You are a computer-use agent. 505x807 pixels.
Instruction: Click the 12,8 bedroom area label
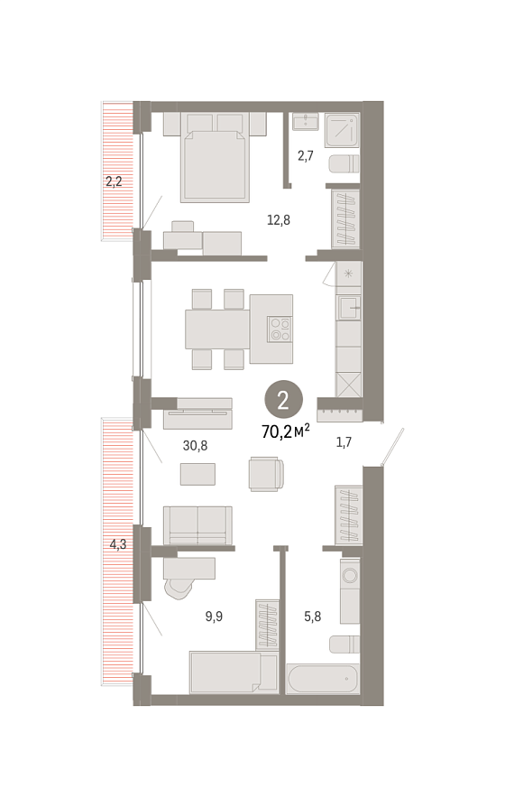point(279,220)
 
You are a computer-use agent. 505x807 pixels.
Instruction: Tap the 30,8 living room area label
point(195,446)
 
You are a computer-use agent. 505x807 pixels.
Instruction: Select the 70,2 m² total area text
point(285,431)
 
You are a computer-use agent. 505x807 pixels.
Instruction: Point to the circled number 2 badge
point(283,400)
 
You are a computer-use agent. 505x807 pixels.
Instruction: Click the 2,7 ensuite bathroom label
point(306,155)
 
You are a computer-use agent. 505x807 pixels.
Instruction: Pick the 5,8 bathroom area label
point(313,616)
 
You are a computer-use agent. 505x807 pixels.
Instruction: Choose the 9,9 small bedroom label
point(214,616)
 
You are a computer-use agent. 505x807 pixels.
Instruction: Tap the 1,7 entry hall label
point(344,442)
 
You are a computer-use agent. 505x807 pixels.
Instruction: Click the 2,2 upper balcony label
point(113,181)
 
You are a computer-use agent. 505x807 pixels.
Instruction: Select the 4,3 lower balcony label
point(118,544)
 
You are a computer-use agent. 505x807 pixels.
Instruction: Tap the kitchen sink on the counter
point(349,308)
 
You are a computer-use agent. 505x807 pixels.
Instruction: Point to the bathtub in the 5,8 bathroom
point(322,678)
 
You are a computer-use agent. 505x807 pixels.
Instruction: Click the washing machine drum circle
point(351,574)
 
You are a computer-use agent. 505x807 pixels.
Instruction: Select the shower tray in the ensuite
point(342,130)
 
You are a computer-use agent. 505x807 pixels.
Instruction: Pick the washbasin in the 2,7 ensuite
point(306,122)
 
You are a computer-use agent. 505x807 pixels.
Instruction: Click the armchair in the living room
point(266,474)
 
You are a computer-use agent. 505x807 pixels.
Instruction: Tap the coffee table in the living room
point(198,474)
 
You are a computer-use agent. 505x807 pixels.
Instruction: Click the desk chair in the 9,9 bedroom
point(178,588)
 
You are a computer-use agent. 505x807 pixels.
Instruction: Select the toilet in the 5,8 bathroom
point(344,645)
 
